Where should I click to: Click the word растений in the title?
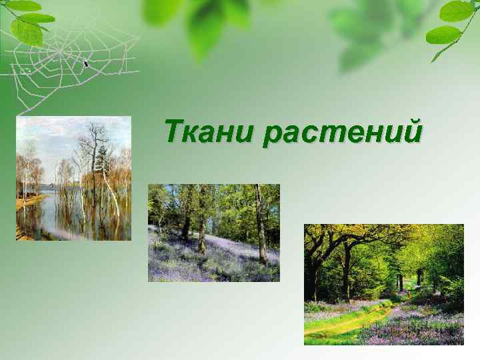tap(342, 132)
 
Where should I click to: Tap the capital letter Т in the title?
tap(174, 130)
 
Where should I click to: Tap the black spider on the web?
tap(86, 63)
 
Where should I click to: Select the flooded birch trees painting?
tap(73, 179)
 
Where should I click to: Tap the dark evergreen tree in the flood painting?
tap(103, 160)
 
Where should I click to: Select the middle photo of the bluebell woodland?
tap(213, 233)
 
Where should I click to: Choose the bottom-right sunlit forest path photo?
tap(383, 284)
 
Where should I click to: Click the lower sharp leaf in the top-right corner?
tap(443, 35)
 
